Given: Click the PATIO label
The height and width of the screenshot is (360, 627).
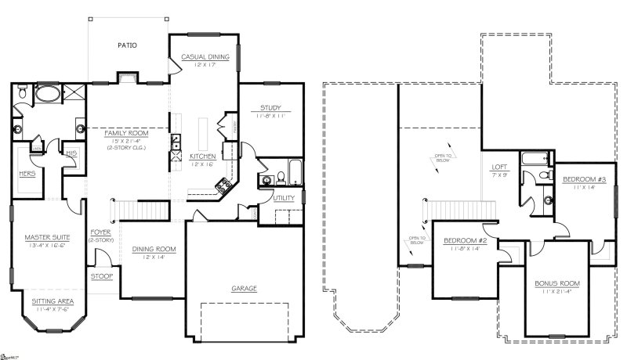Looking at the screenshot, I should click(x=127, y=45).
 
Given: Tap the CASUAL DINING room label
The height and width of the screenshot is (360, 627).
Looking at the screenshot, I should click(x=205, y=57).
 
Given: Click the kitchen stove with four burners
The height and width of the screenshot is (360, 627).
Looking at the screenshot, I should click(x=222, y=185).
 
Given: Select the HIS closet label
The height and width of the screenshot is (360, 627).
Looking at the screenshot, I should click(x=71, y=153).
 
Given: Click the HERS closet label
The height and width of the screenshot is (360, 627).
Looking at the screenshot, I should click(x=26, y=174).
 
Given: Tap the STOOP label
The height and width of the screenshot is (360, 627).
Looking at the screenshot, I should click(x=101, y=276).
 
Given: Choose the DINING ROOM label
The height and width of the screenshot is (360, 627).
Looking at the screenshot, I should click(x=154, y=249).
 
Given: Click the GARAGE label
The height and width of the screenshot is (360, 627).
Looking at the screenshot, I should click(x=244, y=288).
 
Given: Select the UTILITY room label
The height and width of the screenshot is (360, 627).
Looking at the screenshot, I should click(x=284, y=198).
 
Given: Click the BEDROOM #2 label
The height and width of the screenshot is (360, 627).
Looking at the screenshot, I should click(x=466, y=240).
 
